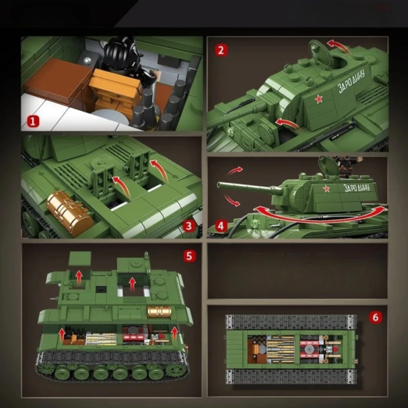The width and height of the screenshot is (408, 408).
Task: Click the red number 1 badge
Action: [33, 122]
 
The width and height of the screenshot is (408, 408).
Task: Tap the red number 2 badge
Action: [221, 50]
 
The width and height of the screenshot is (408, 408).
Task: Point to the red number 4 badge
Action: [220, 226]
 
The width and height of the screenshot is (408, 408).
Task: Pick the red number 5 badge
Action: [189, 256]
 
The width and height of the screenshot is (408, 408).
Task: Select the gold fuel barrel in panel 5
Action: [159, 312]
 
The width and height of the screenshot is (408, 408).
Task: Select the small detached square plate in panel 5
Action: [80, 259]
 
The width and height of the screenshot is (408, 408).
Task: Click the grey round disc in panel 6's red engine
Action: [309, 350]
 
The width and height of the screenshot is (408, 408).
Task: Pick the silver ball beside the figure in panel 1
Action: [88, 60]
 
